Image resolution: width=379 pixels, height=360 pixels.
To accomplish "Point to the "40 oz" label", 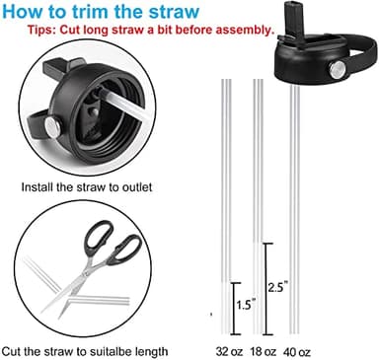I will [295, 351].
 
